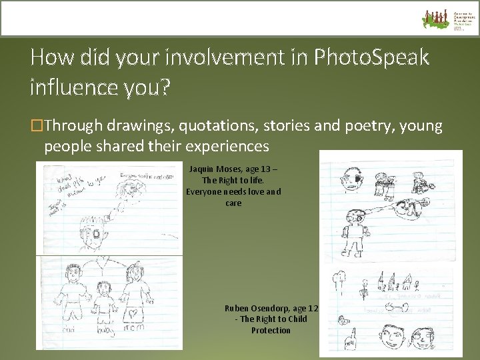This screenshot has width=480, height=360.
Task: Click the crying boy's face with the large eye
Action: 97,234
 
